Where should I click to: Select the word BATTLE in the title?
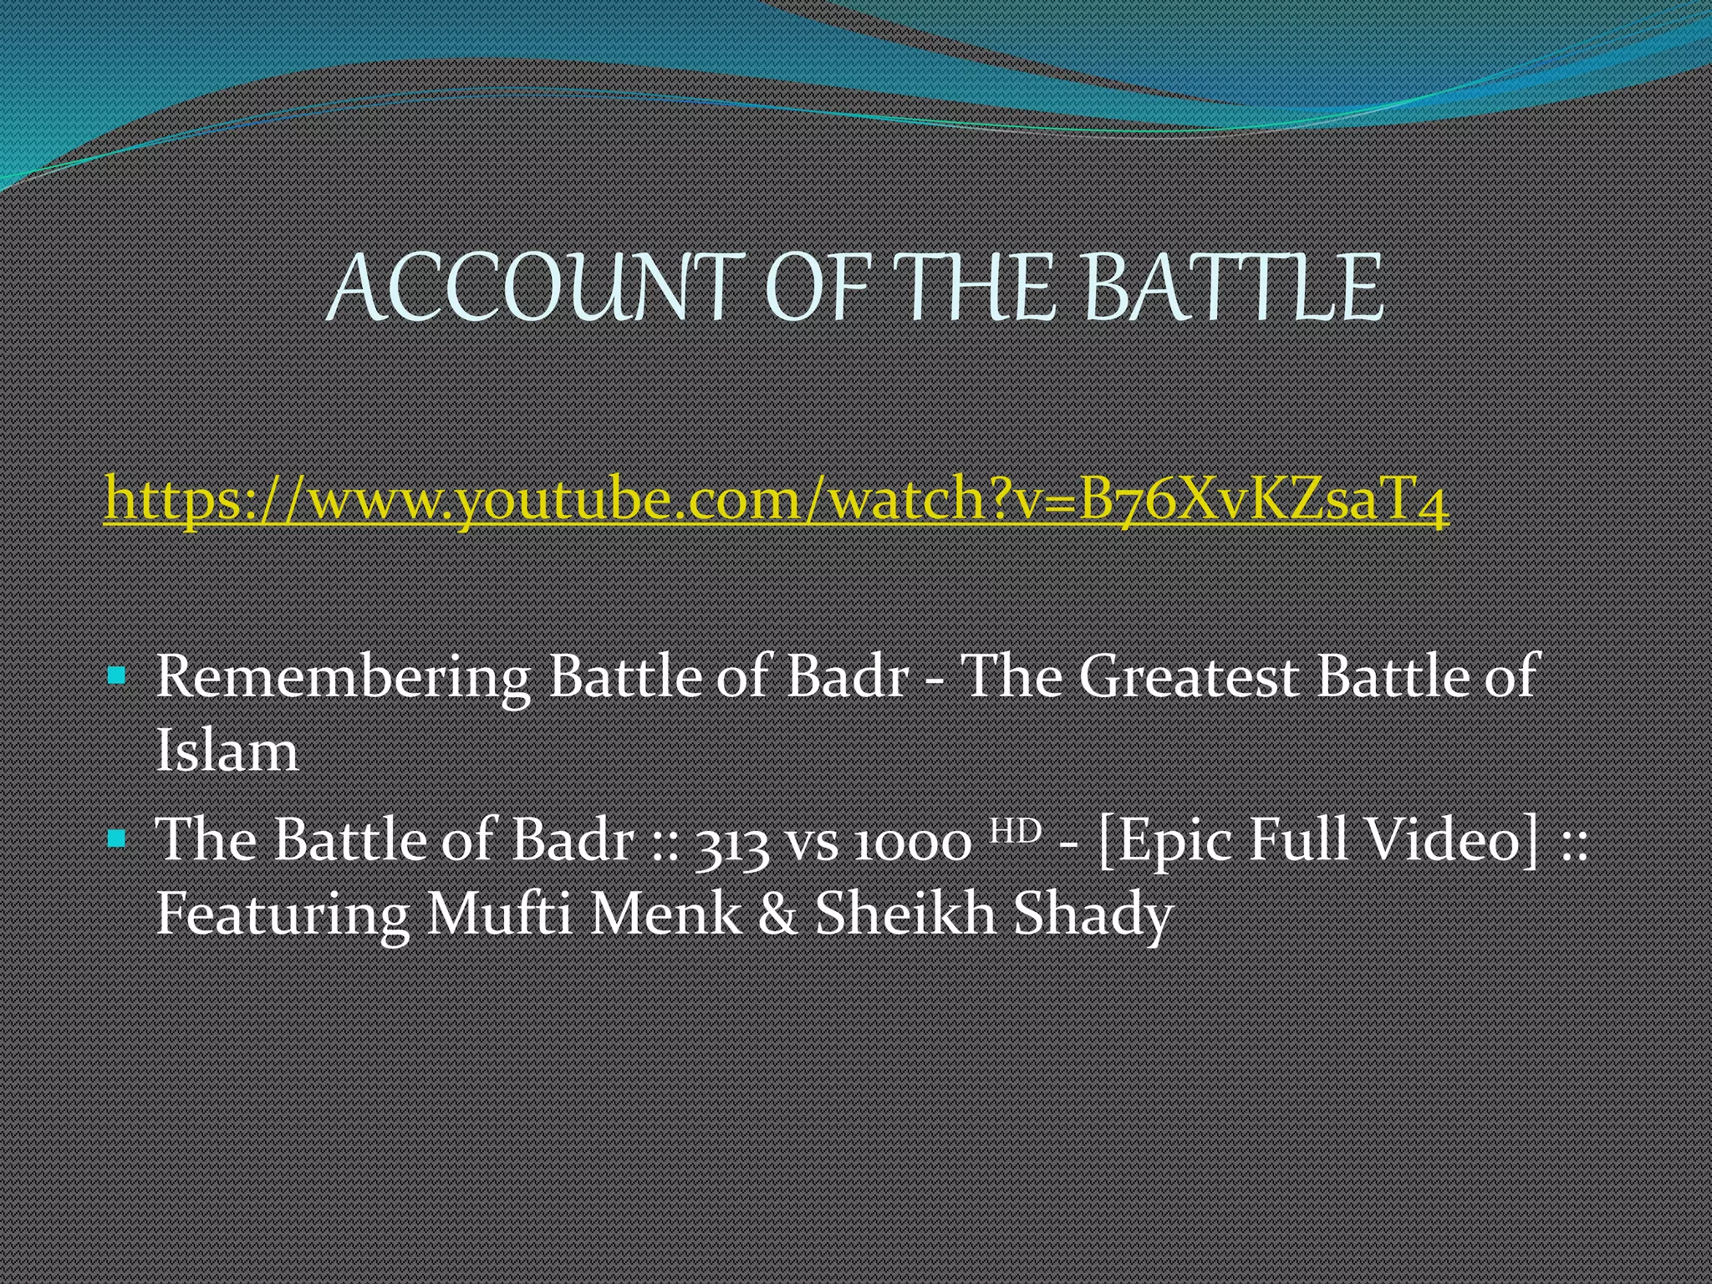[x=1232, y=288]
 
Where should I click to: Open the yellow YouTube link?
[x=776, y=499]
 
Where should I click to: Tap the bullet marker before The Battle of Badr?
[x=117, y=838]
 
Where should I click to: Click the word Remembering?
[x=343, y=677]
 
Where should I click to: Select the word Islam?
[x=227, y=750]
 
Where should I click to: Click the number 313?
[x=732, y=841]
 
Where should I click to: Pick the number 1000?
[x=913, y=841]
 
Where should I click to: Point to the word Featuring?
[x=283, y=915]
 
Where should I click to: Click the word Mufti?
[x=499, y=913]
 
